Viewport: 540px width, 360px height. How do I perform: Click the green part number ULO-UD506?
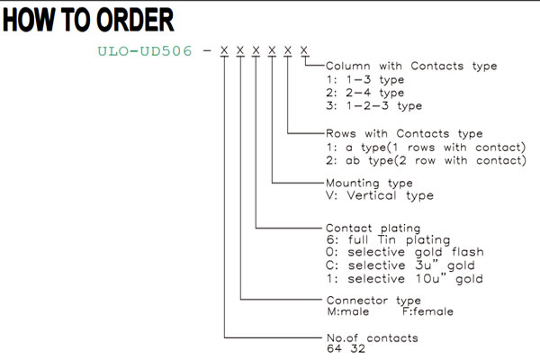pyautogui.click(x=145, y=51)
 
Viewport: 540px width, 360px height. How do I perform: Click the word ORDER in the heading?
pyautogui.click(x=135, y=20)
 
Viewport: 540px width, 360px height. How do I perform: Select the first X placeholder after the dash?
pyautogui.click(x=224, y=50)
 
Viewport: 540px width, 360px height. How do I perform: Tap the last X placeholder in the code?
pyautogui.click(x=304, y=50)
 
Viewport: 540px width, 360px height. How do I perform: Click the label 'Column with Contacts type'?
pyautogui.click(x=411, y=66)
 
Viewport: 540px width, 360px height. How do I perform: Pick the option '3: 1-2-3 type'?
pyautogui.click(x=374, y=106)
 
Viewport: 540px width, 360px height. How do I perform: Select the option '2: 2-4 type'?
pyautogui.click(x=365, y=93)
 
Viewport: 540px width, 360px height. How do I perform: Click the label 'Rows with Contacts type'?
pyautogui.click(x=404, y=133)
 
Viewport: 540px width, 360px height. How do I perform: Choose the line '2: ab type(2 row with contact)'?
pyautogui.click(x=426, y=160)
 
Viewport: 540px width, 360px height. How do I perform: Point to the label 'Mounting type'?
pyautogui.click(x=369, y=183)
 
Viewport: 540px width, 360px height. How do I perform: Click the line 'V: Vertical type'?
pyautogui.click(x=380, y=195)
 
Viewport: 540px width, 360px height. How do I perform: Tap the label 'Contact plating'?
pyautogui.click(x=373, y=228)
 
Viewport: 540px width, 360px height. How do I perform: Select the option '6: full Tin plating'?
pyautogui.click(x=388, y=239)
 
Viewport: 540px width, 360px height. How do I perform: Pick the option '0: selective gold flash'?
pyautogui.click(x=405, y=252)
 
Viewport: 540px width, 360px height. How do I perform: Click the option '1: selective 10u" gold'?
pyautogui.click(x=405, y=279)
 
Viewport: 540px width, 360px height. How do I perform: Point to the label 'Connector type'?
pyautogui.click(x=373, y=301)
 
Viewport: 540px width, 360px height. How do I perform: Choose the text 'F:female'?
pyautogui.click(x=427, y=311)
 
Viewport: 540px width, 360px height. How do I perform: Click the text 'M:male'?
pyautogui.click(x=347, y=311)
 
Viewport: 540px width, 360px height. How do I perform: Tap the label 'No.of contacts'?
pyautogui.click(x=373, y=338)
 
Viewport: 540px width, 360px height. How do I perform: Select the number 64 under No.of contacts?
pyautogui.click(x=334, y=349)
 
